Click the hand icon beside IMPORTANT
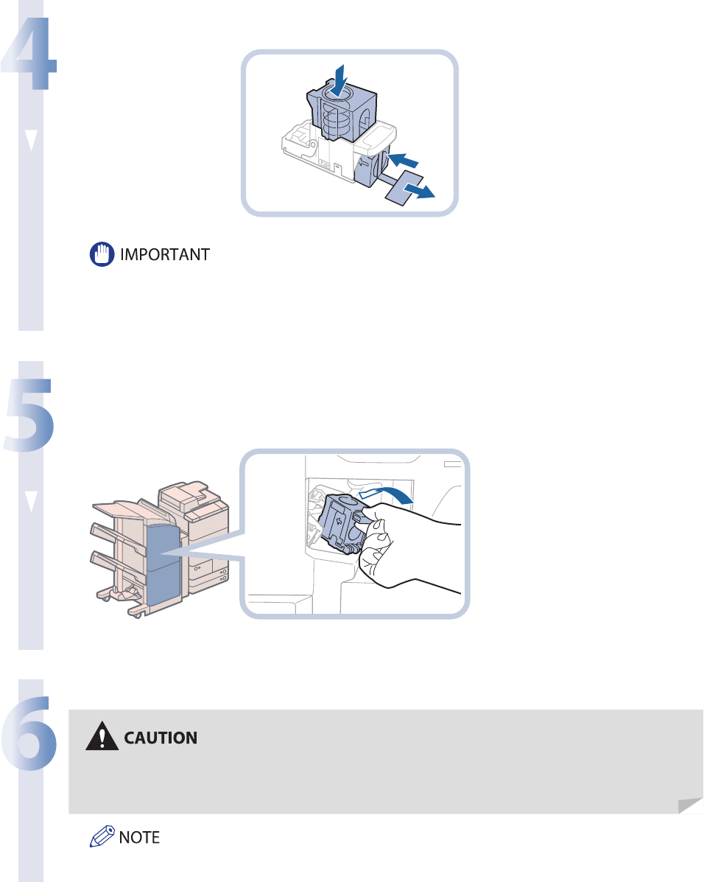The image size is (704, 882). tap(99, 255)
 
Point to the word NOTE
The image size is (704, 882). tap(139, 837)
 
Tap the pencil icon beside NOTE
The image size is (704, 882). tap(100, 837)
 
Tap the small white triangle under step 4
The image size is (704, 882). tap(30, 141)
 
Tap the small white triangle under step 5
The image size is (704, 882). tap(30, 500)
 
